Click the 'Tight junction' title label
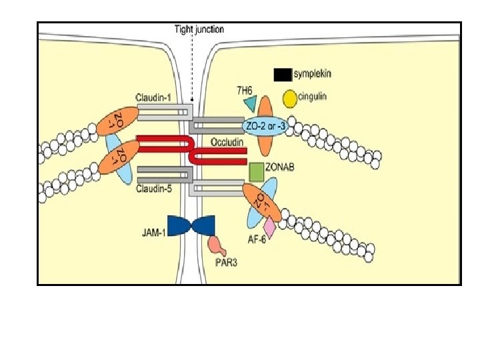(199, 29)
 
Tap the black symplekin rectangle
(282, 75)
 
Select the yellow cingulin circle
(290, 99)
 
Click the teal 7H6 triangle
(251, 103)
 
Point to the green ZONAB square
(256, 171)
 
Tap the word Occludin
(227, 142)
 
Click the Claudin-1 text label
(153, 98)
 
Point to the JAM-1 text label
(153, 233)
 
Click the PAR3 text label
(225, 262)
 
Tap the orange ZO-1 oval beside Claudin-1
(117, 121)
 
